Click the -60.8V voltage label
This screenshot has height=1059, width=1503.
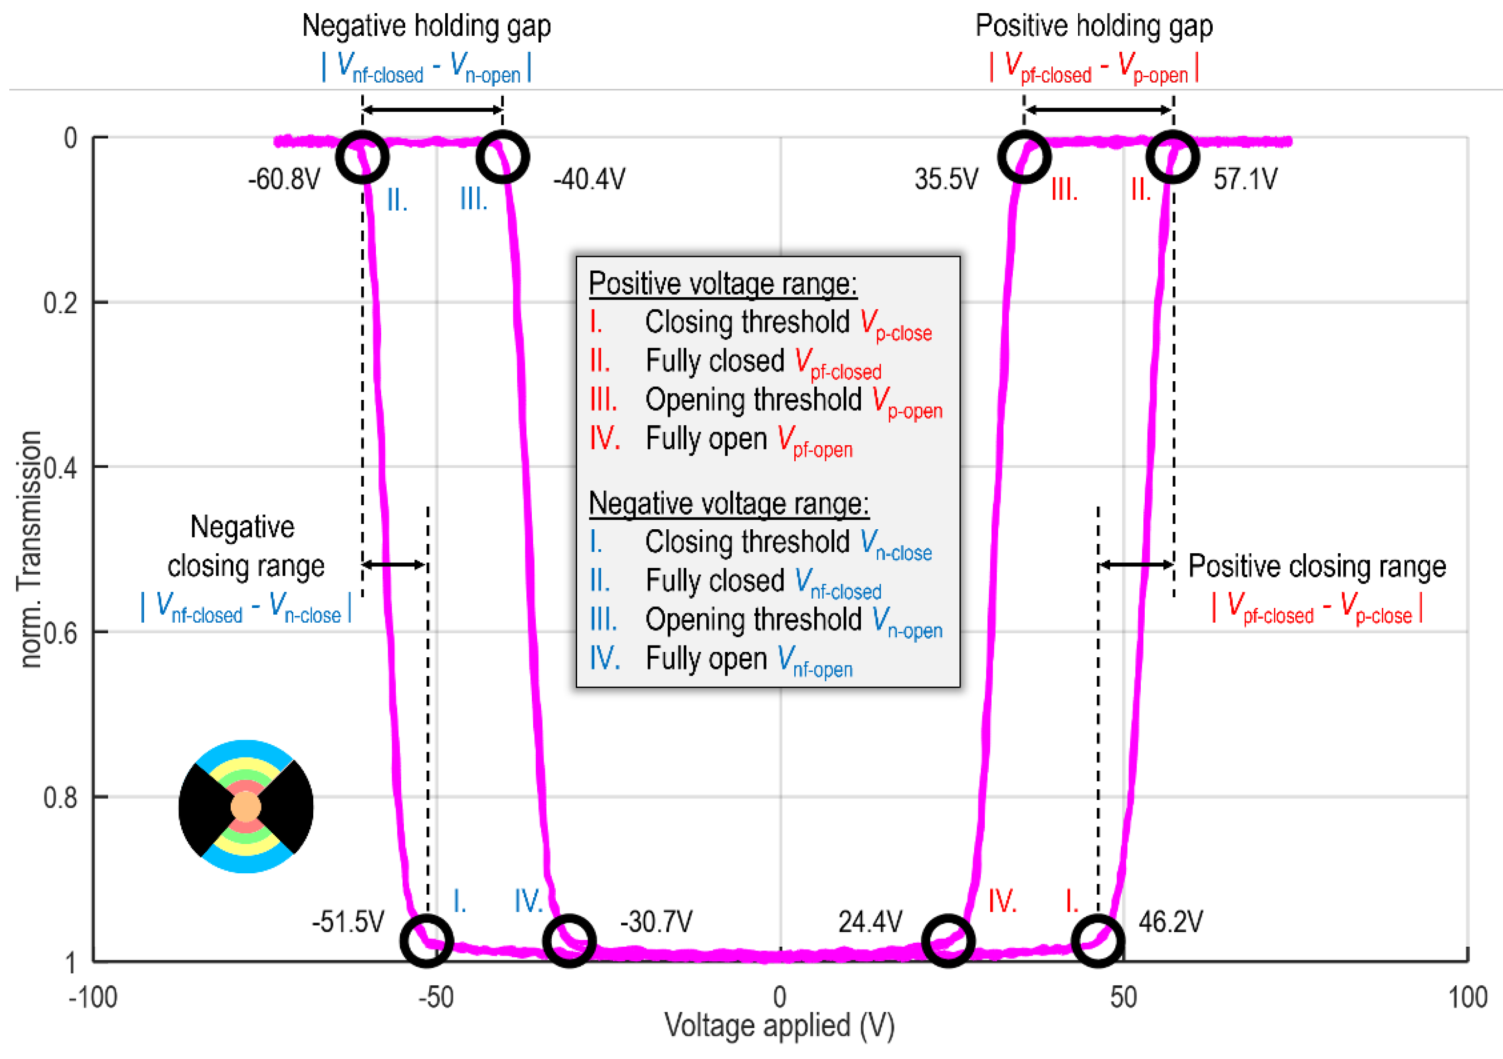284,179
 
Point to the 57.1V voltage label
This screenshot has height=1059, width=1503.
1244,179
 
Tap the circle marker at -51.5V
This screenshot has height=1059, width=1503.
427,941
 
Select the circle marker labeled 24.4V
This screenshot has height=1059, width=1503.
948,941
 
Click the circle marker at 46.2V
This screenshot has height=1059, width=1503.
1098,941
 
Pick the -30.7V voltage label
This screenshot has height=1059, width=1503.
656,922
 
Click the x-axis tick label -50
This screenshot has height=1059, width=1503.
436,997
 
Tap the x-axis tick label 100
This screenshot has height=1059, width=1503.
1467,997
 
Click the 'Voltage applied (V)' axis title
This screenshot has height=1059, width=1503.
779,1026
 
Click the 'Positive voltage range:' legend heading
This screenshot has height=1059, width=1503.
723,283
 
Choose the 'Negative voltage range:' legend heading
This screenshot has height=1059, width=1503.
729,503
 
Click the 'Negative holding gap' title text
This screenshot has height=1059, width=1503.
426,26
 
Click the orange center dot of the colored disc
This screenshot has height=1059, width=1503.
246,806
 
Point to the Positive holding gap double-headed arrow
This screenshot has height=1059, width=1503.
1098,109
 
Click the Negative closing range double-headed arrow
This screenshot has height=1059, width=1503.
395,564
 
